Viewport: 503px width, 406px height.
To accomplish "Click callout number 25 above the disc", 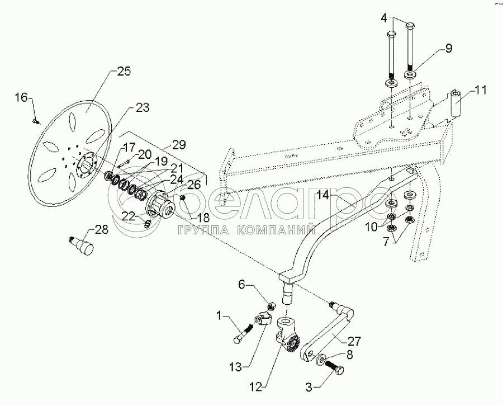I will click(x=124, y=72).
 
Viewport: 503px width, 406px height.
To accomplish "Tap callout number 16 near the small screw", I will click(x=21, y=98).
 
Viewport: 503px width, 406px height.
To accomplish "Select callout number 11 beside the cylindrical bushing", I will click(x=481, y=89).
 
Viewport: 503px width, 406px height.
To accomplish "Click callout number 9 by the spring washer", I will click(x=449, y=49).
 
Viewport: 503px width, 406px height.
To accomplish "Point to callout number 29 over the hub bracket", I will click(x=179, y=145).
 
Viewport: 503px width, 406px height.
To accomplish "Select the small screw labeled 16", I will click(x=36, y=119).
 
